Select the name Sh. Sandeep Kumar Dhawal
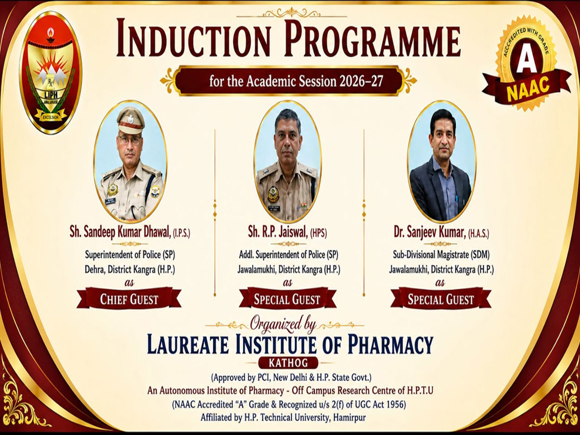[x=121, y=233]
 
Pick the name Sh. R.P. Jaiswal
[x=278, y=233]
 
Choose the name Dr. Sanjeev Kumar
[x=430, y=233]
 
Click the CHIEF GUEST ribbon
[x=129, y=299]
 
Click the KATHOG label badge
[x=288, y=363]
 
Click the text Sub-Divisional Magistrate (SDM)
[x=441, y=255]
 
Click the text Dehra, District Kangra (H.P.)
[x=130, y=270]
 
